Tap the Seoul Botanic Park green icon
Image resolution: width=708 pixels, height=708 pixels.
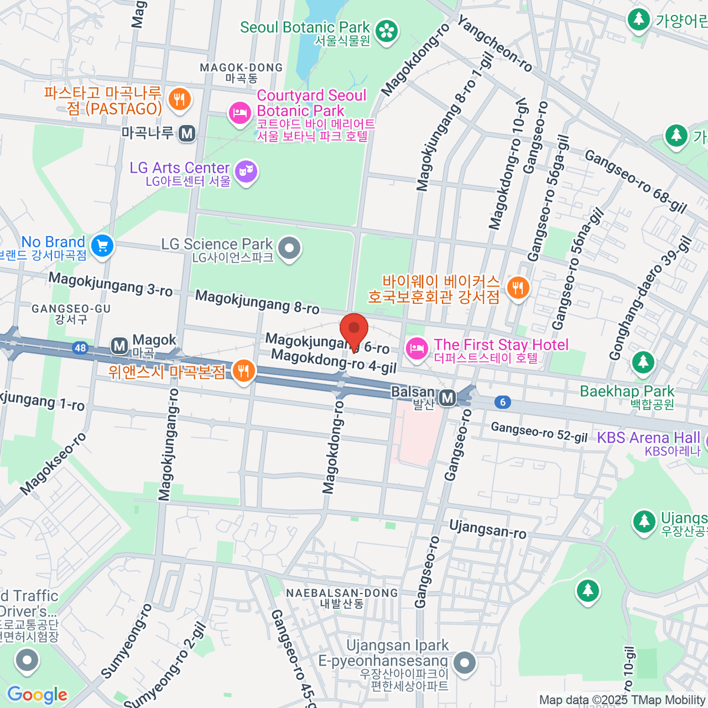[x=386, y=32]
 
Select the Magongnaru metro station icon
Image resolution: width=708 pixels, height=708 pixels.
[x=188, y=133]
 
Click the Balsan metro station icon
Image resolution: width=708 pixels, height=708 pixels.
[x=448, y=398]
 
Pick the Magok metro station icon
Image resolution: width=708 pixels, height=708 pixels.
[x=120, y=346]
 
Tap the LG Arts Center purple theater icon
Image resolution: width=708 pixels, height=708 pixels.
[x=246, y=172]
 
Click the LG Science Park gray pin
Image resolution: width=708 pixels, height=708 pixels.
[x=289, y=249]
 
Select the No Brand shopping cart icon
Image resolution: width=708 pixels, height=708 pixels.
[x=103, y=245]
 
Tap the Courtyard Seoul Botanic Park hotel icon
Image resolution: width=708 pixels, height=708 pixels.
[x=240, y=113]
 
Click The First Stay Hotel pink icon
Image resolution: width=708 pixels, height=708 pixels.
[x=417, y=348]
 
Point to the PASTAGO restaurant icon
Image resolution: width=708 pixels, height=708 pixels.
[x=179, y=99]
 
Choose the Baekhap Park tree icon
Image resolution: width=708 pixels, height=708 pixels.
[x=643, y=362]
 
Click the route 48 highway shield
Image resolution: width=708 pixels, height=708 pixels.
[x=80, y=348]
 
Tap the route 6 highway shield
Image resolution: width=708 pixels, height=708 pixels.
[x=503, y=402]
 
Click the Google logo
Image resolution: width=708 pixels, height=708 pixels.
[x=37, y=695]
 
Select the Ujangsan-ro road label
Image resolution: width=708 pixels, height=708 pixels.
[x=487, y=529]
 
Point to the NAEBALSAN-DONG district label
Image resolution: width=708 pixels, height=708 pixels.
[x=342, y=593]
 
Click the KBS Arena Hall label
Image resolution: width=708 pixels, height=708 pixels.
[x=648, y=438]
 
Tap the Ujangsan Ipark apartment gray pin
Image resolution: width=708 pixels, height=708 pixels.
[x=465, y=663]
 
